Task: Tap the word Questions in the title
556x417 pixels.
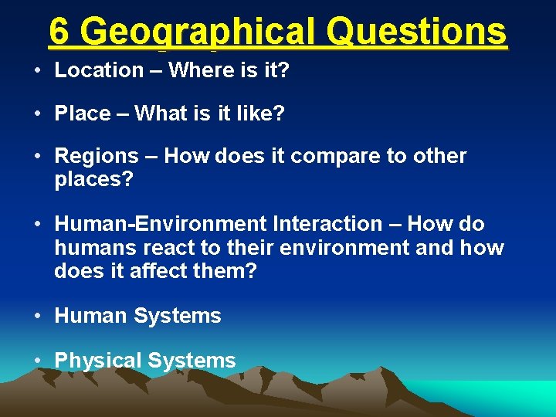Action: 417,32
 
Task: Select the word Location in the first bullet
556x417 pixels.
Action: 99,70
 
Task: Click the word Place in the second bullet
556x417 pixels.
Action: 83,114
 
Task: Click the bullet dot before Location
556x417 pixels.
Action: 37,70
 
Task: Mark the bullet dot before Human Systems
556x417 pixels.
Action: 37,316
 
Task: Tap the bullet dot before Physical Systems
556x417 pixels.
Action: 37,361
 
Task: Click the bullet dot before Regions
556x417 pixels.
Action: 37,157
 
